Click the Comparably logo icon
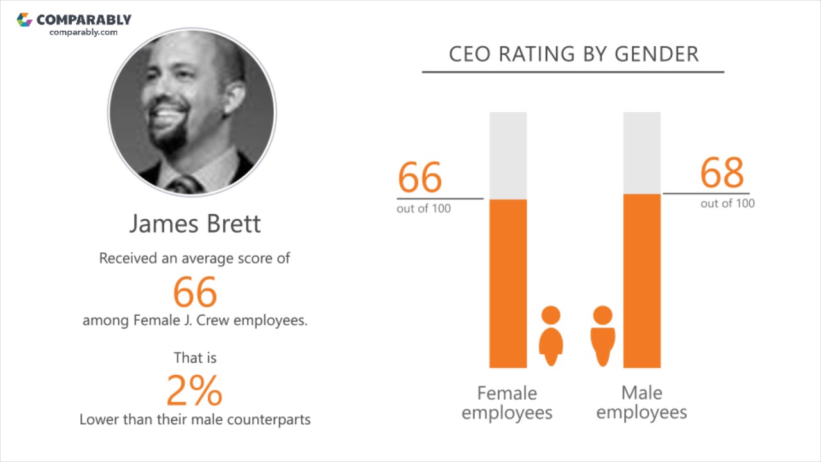tap(24, 20)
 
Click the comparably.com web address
tap(83, 32)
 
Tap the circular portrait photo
tap(192, 112)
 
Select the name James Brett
tap(195, 224)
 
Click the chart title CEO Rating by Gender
tap(573, 54)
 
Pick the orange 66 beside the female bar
tap(420, 177)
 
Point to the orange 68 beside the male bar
tap(722, 172)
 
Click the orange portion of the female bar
tap(508, 283)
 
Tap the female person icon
tap(551, 336)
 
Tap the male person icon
tap(602, 336)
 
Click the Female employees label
tap(507, 402)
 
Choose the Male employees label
tap(641, 402)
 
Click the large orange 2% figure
tap(194, 390)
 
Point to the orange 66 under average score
tap(195, 292)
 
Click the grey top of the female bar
tap(508, 155)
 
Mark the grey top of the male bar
tap(642, 153)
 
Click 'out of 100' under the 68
tap(727, 203)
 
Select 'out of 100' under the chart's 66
tap(423, 209)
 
